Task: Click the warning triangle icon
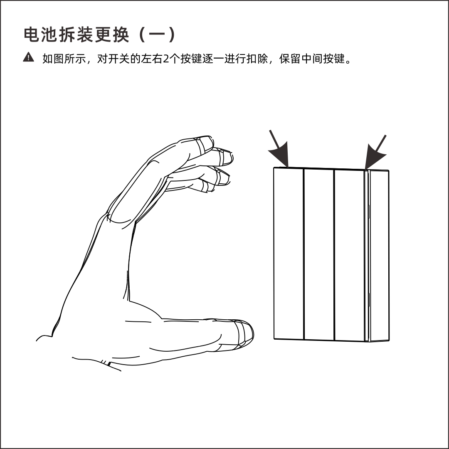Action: (x=28, y=57)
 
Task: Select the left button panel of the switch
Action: (x=289, y=254)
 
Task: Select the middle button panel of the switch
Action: (x=319, y=254)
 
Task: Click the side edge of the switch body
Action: (x=379, y=256)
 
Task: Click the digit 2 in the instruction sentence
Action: (x=166, y=59)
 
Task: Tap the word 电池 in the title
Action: (x=41, y=35)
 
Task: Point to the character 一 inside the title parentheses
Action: (x=157, y=35)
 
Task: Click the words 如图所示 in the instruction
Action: (x=64, y=59)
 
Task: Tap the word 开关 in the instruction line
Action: (x=113, y=59)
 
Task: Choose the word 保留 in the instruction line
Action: (x=290, y=59)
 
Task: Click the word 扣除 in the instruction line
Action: (x=257, y=59)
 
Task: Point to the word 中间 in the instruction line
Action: (x=312, y=59)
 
